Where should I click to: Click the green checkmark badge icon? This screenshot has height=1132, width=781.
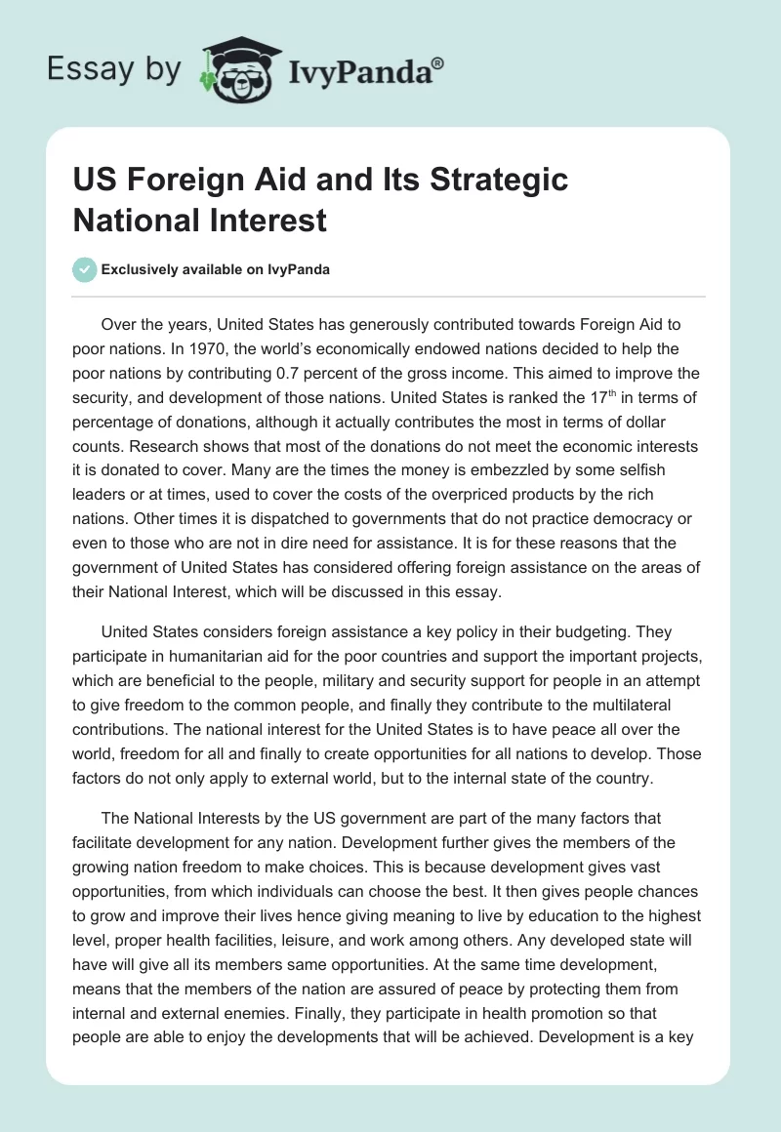[x=84, y=269]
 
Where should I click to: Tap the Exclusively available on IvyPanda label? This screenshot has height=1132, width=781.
[x=215, y=269]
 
